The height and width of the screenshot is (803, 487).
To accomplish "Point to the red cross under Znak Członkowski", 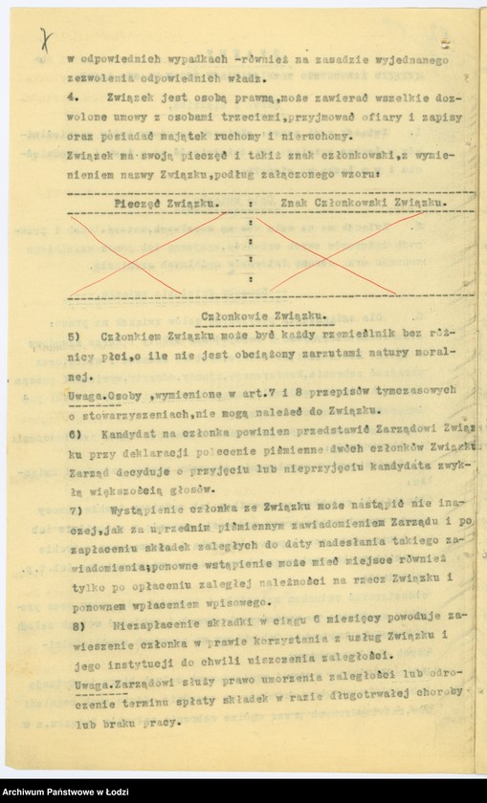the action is pyautogui.click(x=346, y=252).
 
